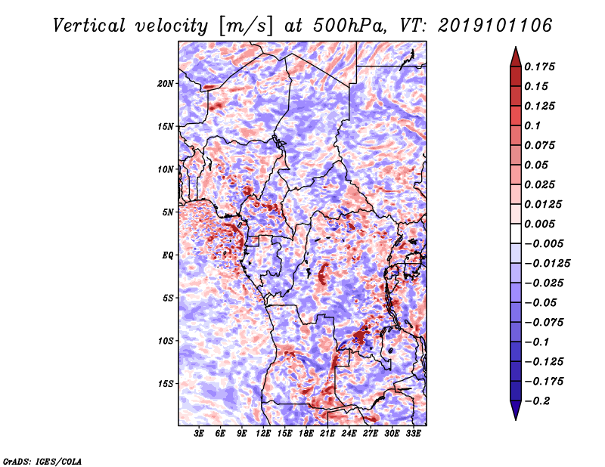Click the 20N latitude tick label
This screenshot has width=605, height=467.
[166, 84]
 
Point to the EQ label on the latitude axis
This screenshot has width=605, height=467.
[168, 255]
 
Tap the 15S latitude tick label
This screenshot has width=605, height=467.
[166, 384]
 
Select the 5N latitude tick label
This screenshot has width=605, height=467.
[168, 212]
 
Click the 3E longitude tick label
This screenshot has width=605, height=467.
[199, 434]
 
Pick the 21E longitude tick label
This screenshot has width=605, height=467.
[327, 434]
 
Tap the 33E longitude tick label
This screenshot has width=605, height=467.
[413, 434]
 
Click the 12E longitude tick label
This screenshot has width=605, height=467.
[263, 434]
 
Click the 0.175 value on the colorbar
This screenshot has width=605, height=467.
[539, 66]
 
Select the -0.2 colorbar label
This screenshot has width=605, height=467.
[537, 401]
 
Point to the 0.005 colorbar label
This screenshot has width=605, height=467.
[539, 224]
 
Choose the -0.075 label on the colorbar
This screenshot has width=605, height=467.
[543, 323]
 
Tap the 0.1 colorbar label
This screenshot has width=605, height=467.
[532, 125]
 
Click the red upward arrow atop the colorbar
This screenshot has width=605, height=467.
[516, 57]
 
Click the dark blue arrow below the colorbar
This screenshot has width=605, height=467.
[516, 410]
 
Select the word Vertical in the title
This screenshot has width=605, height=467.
[89, 26]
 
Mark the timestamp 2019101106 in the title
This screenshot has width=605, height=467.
[495, 26]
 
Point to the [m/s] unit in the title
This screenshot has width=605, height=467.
[245, 26]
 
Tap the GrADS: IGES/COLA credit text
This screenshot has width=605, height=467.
[42, 461]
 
